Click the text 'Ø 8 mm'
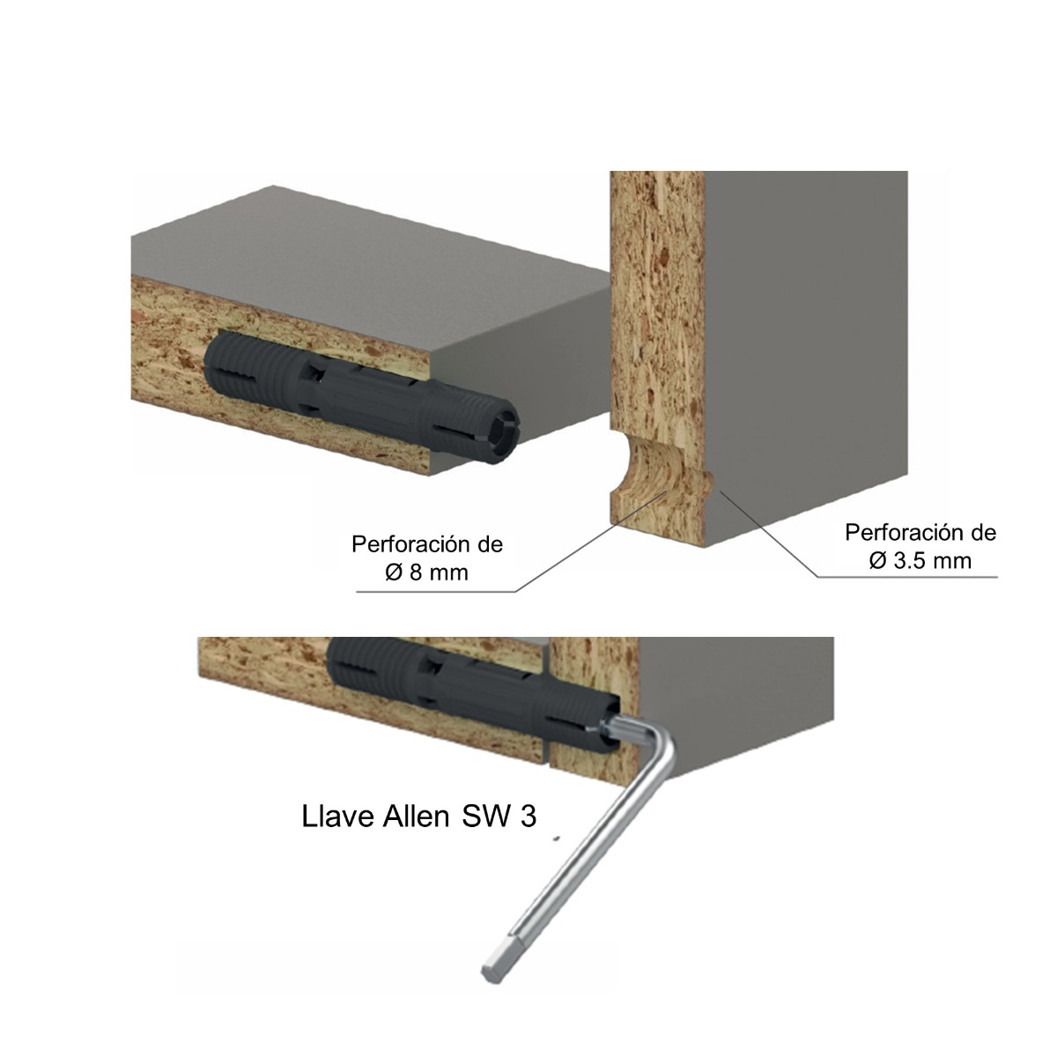pyautogui.click(x=426, y=573)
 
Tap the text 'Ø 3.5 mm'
pyautogui.click(x=920, y=560)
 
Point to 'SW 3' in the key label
pyautogui.click(x=499, y=817)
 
